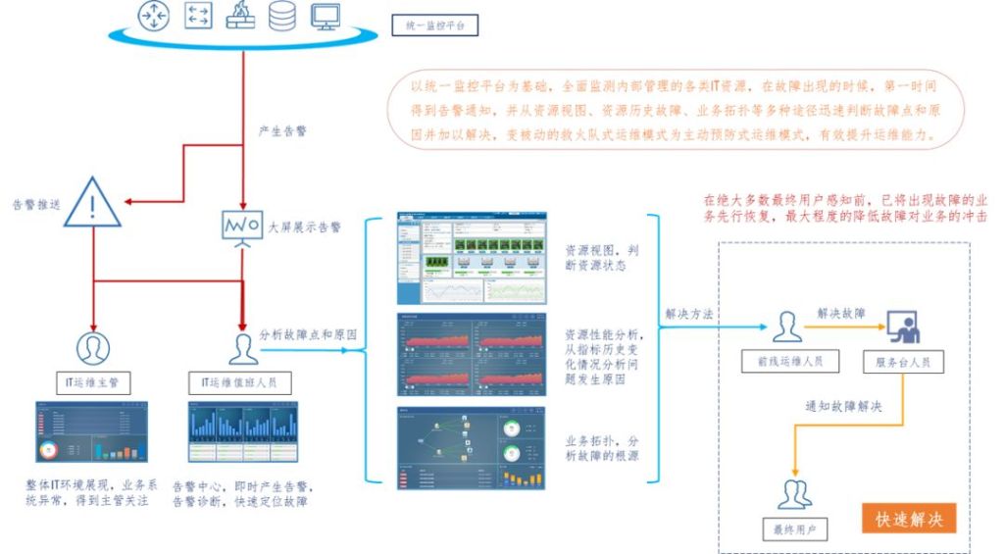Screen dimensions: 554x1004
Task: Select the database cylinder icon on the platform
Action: pyautogui.click(x=281, y=16)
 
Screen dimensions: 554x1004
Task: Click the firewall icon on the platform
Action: pyautogui.click(x=240, y=16)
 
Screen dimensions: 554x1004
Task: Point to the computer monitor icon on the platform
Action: pyautogui.click(x=324, y=16)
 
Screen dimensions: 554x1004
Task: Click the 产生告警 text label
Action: pyautogui.click(x=281, y=130)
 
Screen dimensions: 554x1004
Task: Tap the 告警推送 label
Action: pyautogui.click(x=36, y=205)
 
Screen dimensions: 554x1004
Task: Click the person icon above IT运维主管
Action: pyautogui.click(x=94, y=347)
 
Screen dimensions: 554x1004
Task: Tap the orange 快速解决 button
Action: pyautogui.click(x=909, y=519)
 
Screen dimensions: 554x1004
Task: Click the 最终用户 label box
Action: pyautogui.click(x=795, y=530)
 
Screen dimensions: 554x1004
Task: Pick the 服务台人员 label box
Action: pyautogui.click(x=903, y=362)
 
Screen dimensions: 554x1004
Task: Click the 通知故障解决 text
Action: pyautogui.click(x=841, y=406)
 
